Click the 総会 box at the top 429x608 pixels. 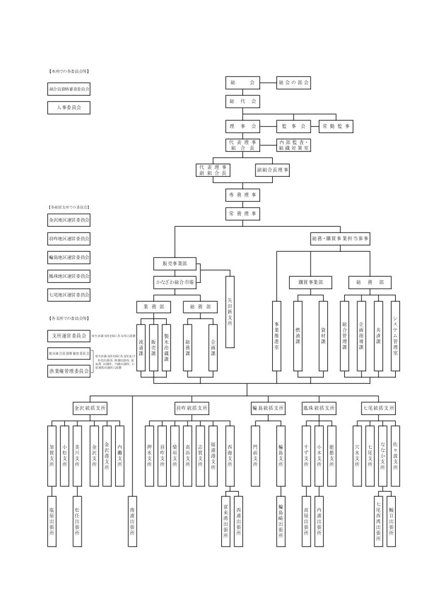243,83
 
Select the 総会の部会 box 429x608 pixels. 293,83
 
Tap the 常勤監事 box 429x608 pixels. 336,126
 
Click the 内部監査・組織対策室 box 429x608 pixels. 293,145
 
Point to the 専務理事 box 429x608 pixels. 243,195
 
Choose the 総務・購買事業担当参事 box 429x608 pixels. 340,239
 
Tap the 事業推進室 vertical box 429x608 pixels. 277,335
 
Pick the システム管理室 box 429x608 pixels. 395,335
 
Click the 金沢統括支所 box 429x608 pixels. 90,408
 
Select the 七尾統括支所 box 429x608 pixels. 379,408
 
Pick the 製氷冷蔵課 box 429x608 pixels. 166,347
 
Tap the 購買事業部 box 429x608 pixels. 311,282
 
